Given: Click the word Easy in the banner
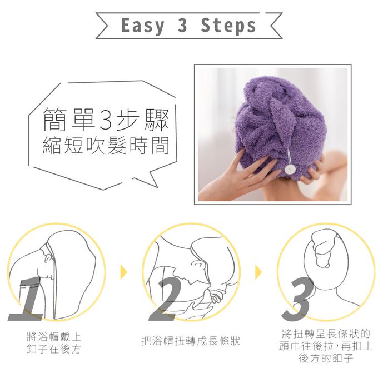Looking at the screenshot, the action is point(143,26).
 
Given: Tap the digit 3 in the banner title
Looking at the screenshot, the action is point(183,25).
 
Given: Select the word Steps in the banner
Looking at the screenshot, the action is point(228,26).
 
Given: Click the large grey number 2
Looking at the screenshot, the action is point(166,299).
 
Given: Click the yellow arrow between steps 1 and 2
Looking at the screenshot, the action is point(123,272).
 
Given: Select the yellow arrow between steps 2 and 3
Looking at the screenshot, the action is point(258,272).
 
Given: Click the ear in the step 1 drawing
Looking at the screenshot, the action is point(49,258).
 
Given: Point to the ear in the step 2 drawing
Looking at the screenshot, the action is point(198,266).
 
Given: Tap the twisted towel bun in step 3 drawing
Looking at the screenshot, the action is point(322,248).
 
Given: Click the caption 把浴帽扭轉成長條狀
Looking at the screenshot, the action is point(191,341).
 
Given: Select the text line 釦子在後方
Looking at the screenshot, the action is point(54,349).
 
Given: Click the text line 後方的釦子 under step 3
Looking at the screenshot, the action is point(326,358).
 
